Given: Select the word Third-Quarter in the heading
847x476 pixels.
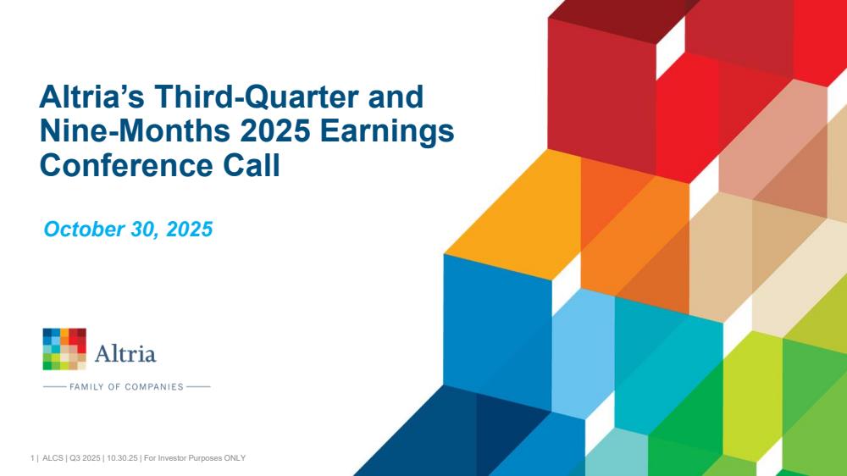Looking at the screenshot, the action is click(x=257, y=97).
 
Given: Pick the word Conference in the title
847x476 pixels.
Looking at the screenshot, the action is click(x=126, y=165).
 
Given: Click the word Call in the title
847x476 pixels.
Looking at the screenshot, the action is click(x=252, y=165).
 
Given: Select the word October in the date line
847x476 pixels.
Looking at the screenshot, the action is click(x=84, y=229).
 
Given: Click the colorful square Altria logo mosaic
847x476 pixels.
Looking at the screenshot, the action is click(x=64, y=349).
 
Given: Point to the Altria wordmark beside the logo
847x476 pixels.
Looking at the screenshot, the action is click(x=125, y=353).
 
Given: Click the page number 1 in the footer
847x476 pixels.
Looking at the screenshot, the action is click(x=32, y=458).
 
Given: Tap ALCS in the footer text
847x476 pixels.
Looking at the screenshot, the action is click(x=53, y=458).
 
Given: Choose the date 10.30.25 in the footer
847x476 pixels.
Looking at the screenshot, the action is click(x=122, y=458).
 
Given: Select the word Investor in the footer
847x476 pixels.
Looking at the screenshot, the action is click(x=171, y=458).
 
